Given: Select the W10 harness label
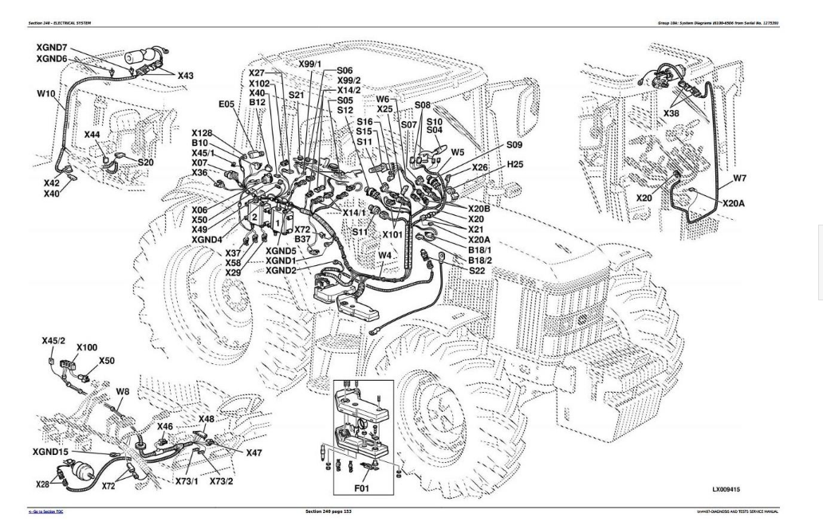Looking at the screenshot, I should tap(47, 94).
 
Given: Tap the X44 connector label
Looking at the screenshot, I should tap(93, 135).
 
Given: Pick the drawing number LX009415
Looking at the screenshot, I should tap(732, 486).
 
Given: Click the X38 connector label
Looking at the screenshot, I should tap(673, 114).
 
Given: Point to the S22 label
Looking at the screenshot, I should tap(478, 271).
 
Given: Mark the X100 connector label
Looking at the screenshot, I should tap(87, 348).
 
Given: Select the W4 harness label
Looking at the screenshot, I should tap(385, 255).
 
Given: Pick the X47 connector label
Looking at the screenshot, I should tap(254, 452).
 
